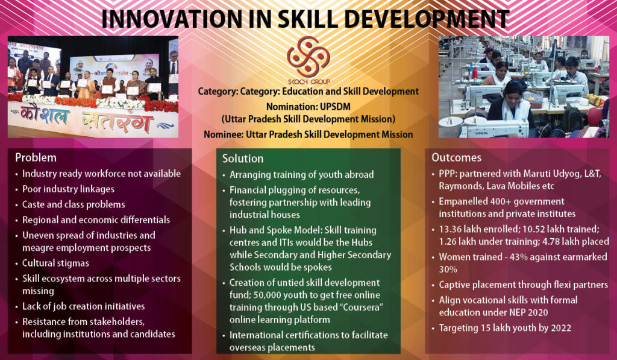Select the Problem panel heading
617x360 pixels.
(x=36, y=157)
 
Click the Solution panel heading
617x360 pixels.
(x=243, y=159)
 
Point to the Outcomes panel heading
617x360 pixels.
(x=456, y=157)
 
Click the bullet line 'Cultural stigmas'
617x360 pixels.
(x=55, y=263)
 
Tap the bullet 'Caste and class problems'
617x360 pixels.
(x=74, y=204)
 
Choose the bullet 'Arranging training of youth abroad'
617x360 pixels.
(x=302, y=175)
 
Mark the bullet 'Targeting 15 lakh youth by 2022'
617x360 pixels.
(x=504, y=327)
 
